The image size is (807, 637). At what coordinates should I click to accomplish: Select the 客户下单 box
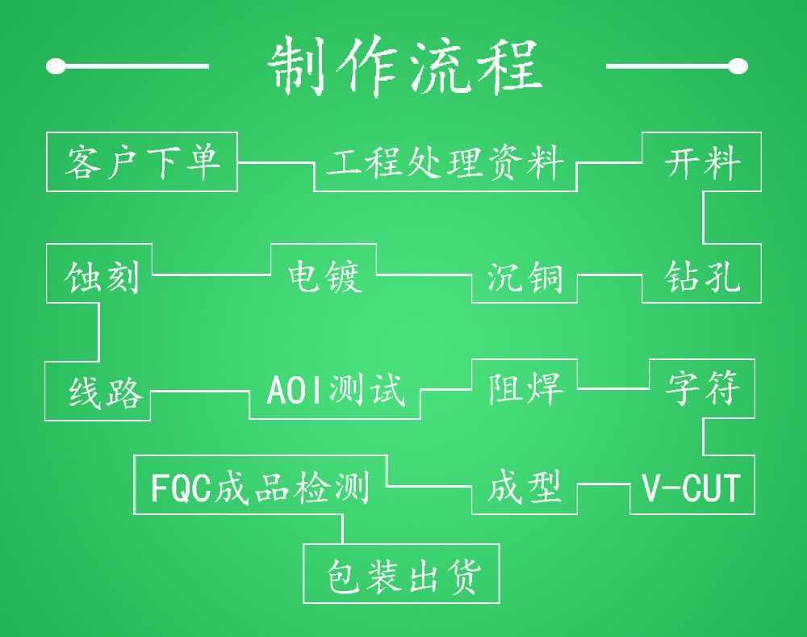click(142, 161)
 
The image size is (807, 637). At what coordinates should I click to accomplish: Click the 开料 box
click(701, 162)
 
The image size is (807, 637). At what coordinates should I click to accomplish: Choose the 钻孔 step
click(701, 274)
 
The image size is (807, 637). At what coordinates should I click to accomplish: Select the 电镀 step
click(324, 274)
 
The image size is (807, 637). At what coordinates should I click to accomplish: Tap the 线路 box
click(98, 392)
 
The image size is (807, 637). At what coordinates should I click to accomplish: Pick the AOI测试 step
click(335, 391)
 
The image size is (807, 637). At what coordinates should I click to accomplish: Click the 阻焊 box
click(525, 388)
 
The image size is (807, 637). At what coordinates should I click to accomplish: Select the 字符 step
click(702, 388)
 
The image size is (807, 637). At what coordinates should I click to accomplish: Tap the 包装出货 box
click(402, 574)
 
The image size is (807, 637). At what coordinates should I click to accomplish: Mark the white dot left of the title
click(56, 66)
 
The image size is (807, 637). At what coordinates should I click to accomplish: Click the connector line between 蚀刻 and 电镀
click(211, 274)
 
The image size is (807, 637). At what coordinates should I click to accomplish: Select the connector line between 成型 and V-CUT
click(604, 484)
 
